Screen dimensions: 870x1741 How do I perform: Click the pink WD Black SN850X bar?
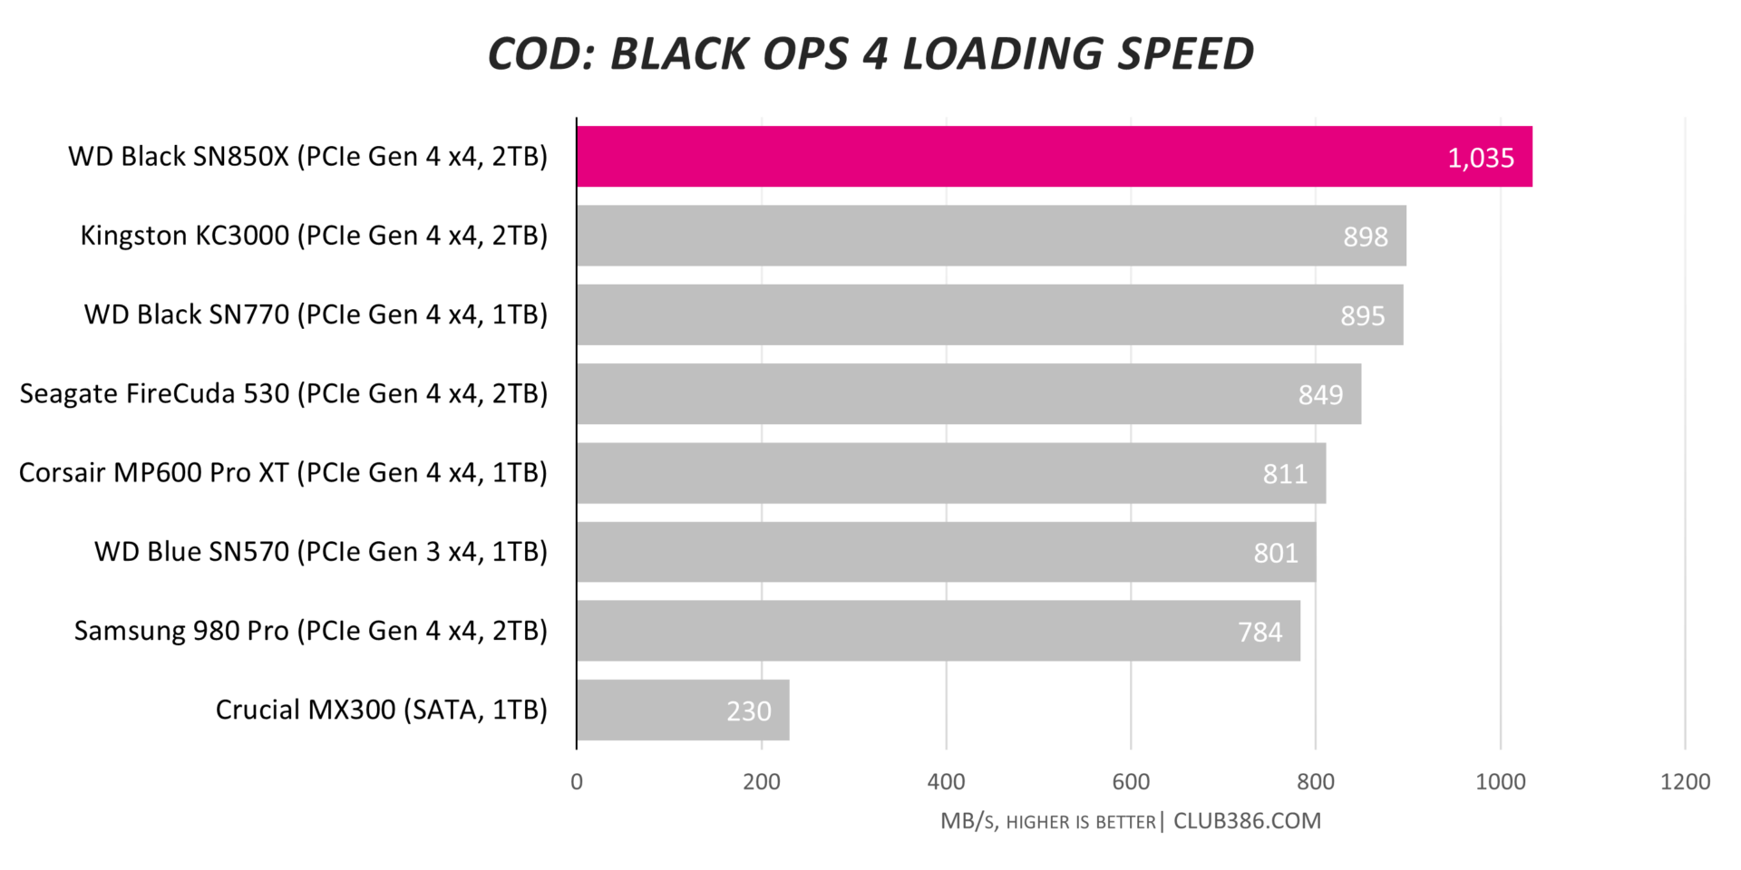(997, 157)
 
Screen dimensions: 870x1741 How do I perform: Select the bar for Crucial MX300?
(683, 710)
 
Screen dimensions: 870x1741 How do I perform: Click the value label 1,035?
(1481, 158)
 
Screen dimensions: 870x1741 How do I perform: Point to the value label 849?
(1320, 394)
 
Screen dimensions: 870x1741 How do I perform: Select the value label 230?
(748, 710)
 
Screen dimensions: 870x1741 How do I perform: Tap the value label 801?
(1276, 553)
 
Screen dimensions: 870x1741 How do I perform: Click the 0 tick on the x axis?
(577, 782)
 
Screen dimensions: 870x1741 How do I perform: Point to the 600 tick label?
(1131, 782)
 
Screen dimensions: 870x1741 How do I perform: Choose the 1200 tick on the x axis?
(1685, 782)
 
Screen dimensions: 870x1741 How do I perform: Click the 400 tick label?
(946, 782)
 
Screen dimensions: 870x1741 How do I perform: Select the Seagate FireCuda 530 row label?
(284, 393)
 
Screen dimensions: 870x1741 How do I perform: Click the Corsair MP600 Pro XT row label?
(283, 472)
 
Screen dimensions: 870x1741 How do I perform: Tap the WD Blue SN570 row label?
(321, 551)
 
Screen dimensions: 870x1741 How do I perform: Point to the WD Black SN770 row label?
(316, 314)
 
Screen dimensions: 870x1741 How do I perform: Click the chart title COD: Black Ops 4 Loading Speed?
(870, 53)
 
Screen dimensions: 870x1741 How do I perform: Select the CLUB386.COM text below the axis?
(1247, 821)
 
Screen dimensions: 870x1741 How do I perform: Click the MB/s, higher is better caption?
(1048, 822)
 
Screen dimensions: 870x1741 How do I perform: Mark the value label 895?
(1363, 315)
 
